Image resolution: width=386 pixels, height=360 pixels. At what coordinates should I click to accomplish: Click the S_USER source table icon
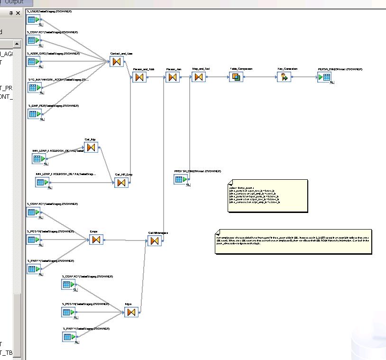[x=33, y=20]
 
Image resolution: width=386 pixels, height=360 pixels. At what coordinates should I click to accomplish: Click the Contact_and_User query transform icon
[x=116, y=62]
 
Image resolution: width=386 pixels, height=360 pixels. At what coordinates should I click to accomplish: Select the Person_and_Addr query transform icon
[x=139, y=77]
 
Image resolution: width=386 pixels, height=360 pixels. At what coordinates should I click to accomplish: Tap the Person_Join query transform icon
[x=173, y=77]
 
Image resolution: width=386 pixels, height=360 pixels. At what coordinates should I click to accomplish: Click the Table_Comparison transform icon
[x=236, y=77]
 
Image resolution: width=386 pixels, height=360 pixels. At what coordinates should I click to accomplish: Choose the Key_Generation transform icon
[x=284, y=77]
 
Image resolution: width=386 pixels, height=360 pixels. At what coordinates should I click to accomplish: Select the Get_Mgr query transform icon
[x=90, y=148]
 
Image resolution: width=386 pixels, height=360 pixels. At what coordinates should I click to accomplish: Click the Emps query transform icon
[x=96, y=240]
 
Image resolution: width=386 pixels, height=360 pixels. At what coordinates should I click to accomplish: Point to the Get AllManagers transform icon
[x=154, y=241]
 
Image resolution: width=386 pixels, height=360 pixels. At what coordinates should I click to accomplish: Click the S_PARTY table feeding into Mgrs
[x=69, y=337]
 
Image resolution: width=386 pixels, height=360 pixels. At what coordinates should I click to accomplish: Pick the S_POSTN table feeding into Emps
[x=33, y=240]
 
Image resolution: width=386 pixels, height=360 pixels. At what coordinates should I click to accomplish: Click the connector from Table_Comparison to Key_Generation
[x=259, y=77]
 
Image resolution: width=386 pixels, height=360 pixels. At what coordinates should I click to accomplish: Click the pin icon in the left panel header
[x=11, y=13]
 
